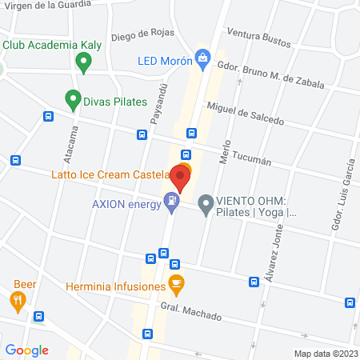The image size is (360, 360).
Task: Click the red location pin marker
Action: [182, 178]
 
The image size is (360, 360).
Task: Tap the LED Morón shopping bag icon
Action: [204, 57]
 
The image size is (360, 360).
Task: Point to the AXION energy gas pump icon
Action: [171, 201]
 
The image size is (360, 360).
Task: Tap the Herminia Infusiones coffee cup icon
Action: [176, 284]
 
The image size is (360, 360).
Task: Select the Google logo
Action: [27, 350]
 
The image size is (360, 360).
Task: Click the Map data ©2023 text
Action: [325, 353]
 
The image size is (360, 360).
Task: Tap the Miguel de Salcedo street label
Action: [245, 113]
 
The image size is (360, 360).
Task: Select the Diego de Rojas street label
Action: [142, 33]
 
